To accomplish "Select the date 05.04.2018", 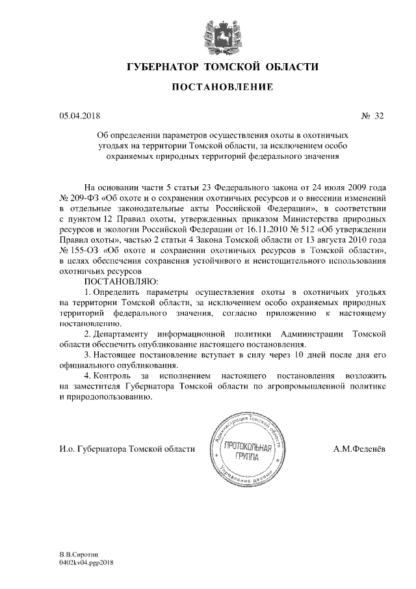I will (77, 116).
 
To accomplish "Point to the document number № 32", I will (372, 116).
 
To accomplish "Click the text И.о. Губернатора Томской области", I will (126, 449).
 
